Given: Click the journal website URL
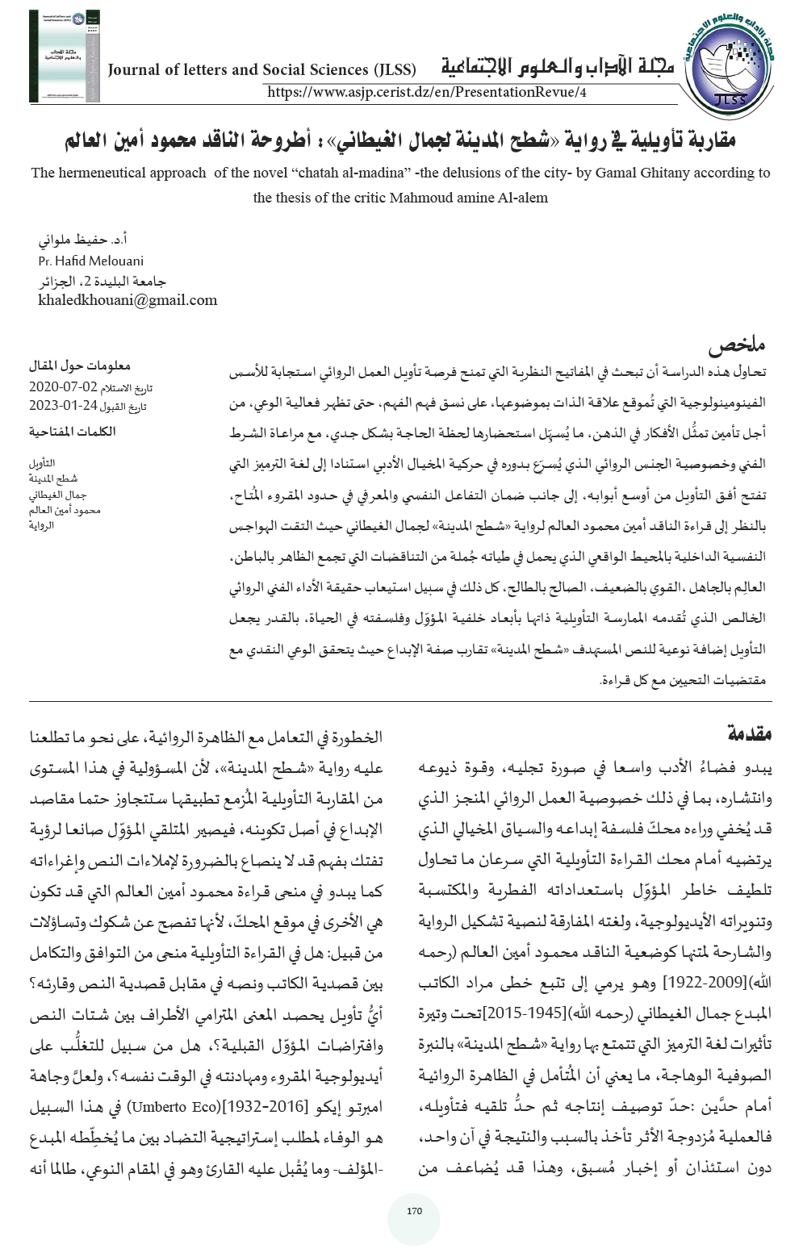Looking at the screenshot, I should (x=426, y=92).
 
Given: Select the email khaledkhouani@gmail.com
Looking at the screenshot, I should (x=128, y=300).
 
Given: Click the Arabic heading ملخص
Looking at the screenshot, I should (x=736, y=346).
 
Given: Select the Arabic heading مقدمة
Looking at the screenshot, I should (x=750, y=733).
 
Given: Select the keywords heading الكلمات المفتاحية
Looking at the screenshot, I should (x=73, y=432).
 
